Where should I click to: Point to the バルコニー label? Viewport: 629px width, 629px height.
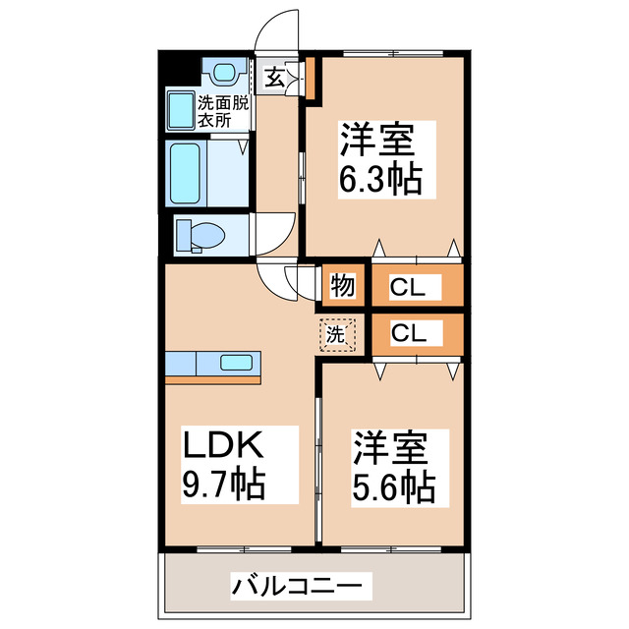[289, 587]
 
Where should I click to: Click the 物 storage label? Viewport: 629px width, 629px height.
[341, 286]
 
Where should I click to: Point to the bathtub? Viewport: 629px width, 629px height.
[186, 175]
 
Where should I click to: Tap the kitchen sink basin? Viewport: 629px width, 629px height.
[236, 363]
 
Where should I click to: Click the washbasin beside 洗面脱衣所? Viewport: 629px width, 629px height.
[181, 111]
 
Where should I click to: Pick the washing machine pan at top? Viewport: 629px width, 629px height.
[223, 72]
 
